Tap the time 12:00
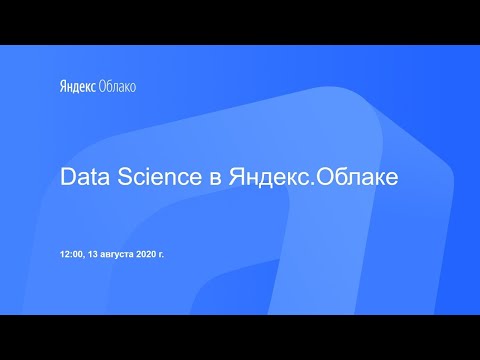click(72, 255)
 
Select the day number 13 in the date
click(94, 255)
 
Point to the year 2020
click(148, 255)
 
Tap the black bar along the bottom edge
click(240, 337)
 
